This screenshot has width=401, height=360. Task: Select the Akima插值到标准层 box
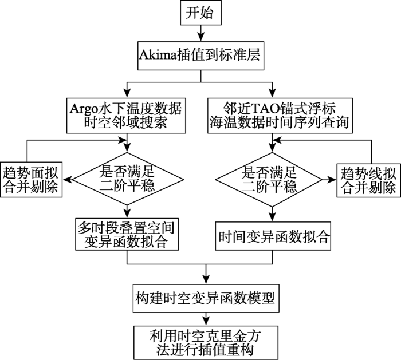205,56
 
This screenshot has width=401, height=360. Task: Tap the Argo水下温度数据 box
127,114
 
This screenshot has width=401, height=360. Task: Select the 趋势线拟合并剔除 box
368,179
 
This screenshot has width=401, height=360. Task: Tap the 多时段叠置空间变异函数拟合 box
127,234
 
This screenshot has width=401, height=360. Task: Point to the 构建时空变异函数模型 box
205,296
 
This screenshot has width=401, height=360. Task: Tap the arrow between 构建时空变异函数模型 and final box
205,318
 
